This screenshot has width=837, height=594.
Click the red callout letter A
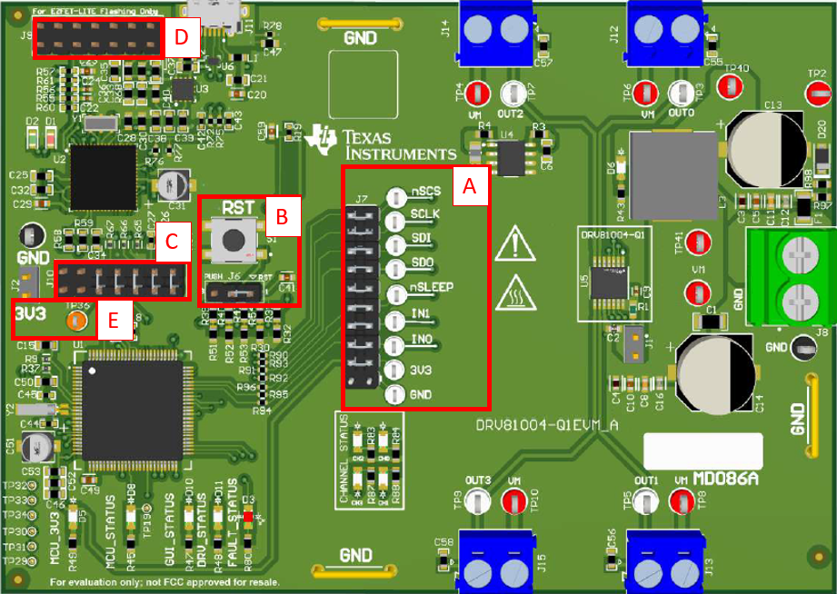coord(470,187)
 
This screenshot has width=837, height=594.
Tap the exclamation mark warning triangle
coord(514,245)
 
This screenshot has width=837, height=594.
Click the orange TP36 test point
coord(77,320)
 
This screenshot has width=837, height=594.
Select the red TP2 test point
coord(818,94)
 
